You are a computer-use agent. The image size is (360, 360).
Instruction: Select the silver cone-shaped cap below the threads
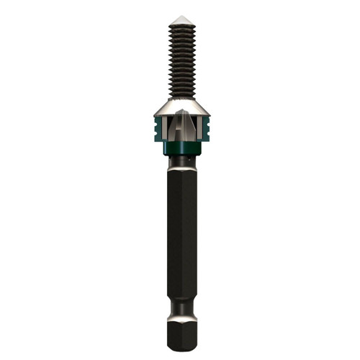[x=181, y=105]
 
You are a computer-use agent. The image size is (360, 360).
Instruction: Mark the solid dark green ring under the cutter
[x=181, y=148]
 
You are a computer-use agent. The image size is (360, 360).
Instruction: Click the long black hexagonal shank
[x=181, y=230]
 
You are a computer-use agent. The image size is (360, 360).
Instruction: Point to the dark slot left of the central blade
[x=171, y=130]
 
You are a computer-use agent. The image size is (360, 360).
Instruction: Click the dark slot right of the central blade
[x=192, y=130]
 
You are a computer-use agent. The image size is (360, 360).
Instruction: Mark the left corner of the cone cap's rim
[x=155, y=114]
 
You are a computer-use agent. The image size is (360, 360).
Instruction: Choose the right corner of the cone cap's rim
[x=208, y=114]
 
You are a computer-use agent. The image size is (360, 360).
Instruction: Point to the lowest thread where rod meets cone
[x=181, y=94]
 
